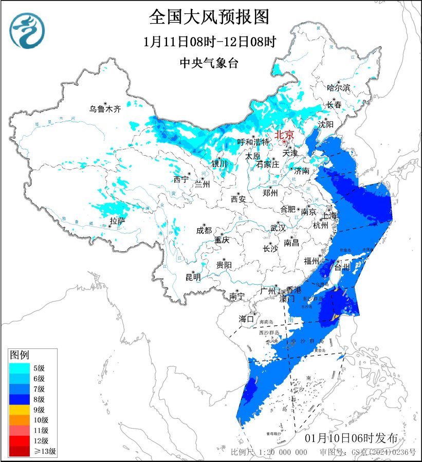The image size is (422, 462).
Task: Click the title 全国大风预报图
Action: [x=209, y=17]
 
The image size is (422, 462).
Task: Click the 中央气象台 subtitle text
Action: [x=209, y=63]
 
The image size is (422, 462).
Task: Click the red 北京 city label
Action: [x=285, y=135]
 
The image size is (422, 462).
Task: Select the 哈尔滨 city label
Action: [x=338, y=88]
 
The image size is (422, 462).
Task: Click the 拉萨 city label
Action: [x=117, y=221]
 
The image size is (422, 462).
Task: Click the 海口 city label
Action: [x=246, y=319]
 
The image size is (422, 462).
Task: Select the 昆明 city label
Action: [x=193, y=278]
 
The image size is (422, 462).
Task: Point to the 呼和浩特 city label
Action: [x=253, y=142]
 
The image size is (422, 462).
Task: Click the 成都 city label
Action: [x=204, y=231]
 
